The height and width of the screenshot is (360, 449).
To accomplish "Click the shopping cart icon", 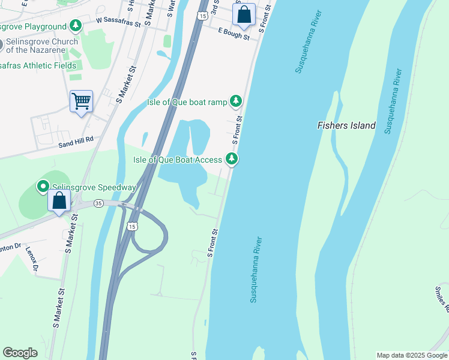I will (81, 101).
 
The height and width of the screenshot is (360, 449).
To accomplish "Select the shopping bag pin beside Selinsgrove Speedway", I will (59, 201).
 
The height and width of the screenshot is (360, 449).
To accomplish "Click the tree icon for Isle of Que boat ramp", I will (237, 101).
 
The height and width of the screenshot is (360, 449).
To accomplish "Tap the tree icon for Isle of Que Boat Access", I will (232, 159).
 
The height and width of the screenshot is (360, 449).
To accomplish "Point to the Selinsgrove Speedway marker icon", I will (43, 187).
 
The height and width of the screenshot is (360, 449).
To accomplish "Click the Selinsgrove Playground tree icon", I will (75, 26).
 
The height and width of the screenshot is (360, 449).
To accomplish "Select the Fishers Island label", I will (346, 125).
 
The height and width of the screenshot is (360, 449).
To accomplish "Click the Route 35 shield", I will (98, 204).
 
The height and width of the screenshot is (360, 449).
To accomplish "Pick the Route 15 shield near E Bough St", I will (204, 14).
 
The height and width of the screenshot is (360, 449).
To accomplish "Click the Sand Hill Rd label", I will (76, 139).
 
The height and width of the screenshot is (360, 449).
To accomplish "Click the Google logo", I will (20, 353).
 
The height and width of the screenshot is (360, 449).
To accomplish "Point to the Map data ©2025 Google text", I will (411, 355).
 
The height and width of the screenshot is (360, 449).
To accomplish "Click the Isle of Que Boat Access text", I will (177, 160).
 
